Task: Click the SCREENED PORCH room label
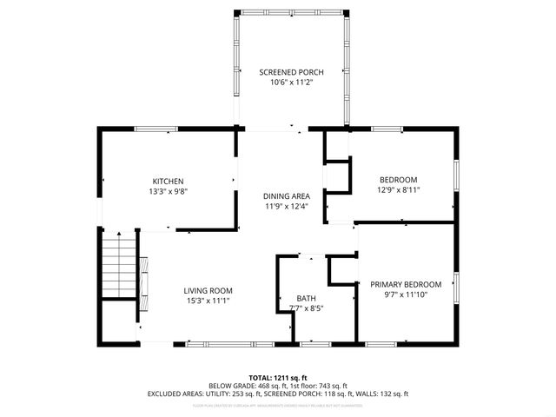tap(291, 71)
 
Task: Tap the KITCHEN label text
tap(168, 181)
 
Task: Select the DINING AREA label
tap(287, 196)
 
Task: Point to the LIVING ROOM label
tap(208, 290)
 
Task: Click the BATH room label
tap(305, 297)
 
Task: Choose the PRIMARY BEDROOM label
tap(406, 284)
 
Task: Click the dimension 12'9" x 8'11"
tap(399, 189)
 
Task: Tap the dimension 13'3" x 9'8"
tap(168, 191)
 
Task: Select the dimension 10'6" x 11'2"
tap(291, 82)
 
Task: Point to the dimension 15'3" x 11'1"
tap(208, 301)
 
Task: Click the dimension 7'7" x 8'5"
tap(305, 308)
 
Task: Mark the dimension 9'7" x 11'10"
tap(406, 295)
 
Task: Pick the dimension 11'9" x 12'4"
tap(287, 207)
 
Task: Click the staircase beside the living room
tap(118, 266)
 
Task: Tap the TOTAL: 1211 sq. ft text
tap(278, 378)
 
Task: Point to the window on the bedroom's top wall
tap(387, 129)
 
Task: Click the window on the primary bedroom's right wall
tap(456, 286)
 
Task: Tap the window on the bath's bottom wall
tap(314, 345)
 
